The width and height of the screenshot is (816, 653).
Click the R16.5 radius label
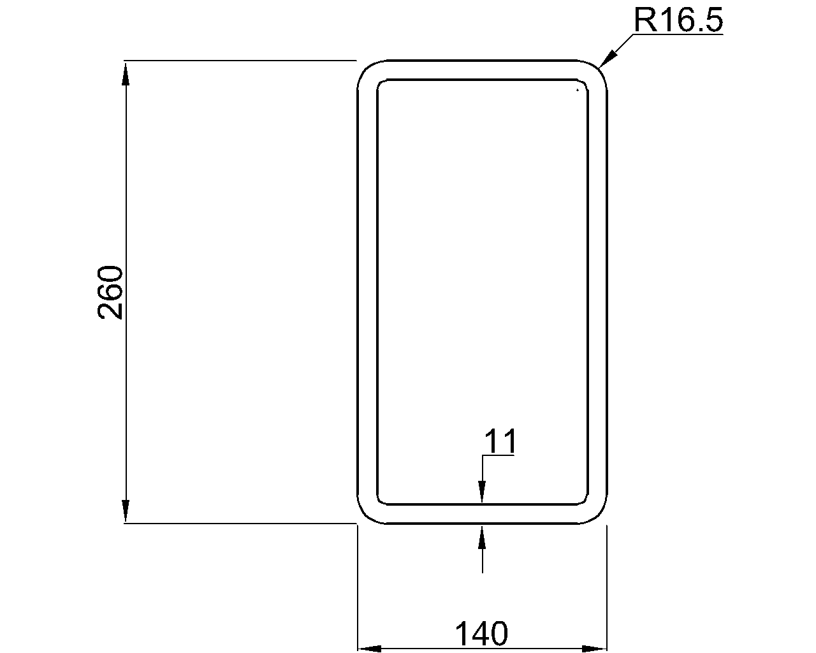tap(678, 20)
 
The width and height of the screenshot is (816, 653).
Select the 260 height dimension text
tap(110, 292)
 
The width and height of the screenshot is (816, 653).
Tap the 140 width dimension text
tap(481, 634)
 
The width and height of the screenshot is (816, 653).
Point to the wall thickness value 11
tap(500, 441)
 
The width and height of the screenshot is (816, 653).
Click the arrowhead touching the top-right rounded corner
tap(608, 58)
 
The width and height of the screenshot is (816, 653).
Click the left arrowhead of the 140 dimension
tap(368, 649)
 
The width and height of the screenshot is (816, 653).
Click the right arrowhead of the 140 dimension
tap(594, 649)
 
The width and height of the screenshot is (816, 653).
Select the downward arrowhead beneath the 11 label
tap(483, 493)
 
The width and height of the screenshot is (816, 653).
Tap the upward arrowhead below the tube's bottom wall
tap(483, 536)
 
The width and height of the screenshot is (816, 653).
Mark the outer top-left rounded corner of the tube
tap(364, 68)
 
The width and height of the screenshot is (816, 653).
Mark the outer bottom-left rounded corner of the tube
tap(364, 516)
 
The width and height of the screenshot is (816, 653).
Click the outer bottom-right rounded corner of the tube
tap(600, 516)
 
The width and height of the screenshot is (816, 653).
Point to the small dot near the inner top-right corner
tap(578, 90)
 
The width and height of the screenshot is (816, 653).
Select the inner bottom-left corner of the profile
tap(381, 500)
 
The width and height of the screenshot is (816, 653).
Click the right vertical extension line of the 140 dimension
tap(606, 587)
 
